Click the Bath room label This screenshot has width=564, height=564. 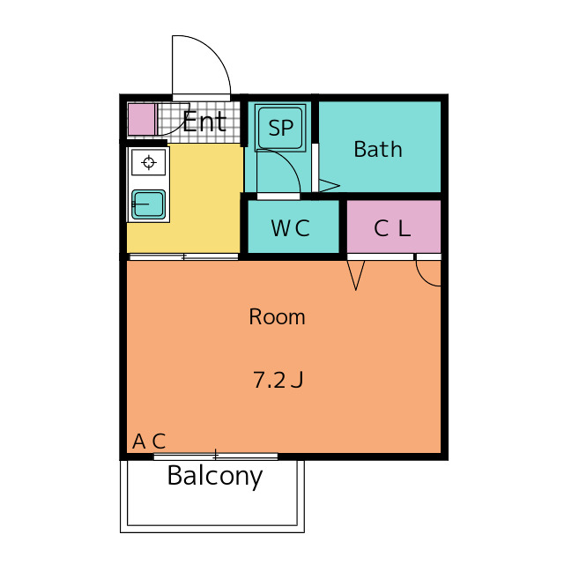[378, 149]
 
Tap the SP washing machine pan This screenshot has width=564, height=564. [280, 128]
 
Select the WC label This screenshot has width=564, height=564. [290, 228]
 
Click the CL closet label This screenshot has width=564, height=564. [392, 228]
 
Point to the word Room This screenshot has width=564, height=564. [277, 317]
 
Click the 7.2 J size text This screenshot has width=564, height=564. [278, 380]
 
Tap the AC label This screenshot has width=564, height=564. [149, 441]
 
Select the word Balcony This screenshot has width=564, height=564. [215, 476]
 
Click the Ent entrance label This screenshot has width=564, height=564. [204, 122]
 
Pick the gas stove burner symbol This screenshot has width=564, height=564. [149, 162]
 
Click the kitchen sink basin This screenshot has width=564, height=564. [149, 204]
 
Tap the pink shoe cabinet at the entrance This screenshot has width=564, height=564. [142, 120]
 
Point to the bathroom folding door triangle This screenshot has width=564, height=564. [329, 186]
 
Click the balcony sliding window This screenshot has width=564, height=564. [216, 456]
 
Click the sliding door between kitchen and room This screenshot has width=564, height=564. [183, 256]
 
